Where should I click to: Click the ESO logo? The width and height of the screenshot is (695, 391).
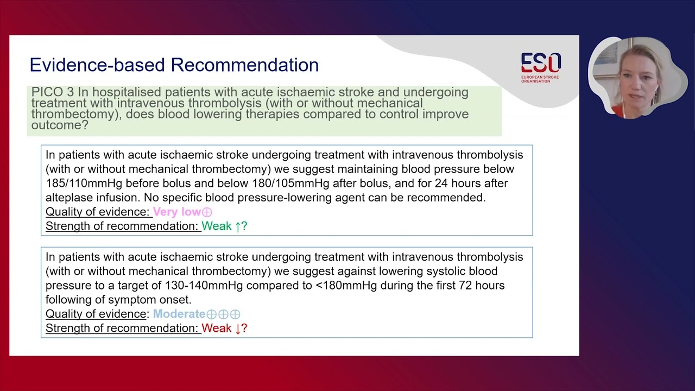click(540, 67)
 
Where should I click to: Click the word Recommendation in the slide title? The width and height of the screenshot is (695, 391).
click(245, 65)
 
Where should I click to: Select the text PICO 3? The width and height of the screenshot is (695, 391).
click(53, 92)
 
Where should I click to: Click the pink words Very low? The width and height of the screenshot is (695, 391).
click(176, 212)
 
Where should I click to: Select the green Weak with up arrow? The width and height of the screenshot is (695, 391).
click(224, 226)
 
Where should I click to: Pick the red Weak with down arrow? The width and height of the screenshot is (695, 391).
click(224, 328)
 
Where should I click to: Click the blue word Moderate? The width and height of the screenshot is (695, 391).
click(179, 314)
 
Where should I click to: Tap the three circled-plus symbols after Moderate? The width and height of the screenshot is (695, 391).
click(223, 314)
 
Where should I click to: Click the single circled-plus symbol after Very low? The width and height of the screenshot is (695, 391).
click(207, 212)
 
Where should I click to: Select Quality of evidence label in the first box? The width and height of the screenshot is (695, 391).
click(97, 212)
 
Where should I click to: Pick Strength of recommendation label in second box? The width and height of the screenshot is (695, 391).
click(123, 328)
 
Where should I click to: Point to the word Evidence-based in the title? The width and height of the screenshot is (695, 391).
click(97, 65)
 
